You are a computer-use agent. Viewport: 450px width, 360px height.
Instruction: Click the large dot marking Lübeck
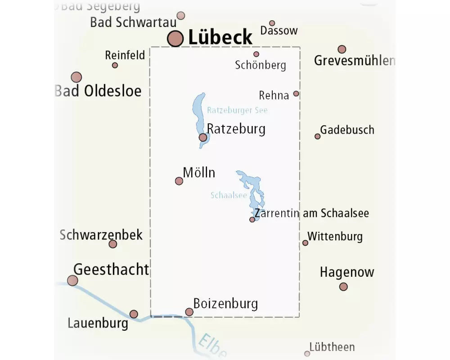point(175,39)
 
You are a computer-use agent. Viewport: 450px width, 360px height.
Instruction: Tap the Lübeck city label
point(220,37)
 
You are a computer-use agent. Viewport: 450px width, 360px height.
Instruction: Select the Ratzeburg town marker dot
point(203,137)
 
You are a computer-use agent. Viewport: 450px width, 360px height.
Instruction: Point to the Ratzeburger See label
point(237,110)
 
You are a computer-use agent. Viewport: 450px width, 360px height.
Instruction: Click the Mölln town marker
point(179,181)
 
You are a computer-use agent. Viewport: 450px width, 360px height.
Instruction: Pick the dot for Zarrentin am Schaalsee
point(252,220)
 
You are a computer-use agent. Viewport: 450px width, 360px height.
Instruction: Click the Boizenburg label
point(225,303)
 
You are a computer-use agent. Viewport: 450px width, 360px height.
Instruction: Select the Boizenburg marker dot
point(189,312)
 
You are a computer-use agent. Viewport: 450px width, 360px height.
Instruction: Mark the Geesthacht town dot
point(72,280)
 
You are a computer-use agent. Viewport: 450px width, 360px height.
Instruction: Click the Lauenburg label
point(98,323)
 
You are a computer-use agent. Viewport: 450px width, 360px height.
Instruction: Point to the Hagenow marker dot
point(343,286)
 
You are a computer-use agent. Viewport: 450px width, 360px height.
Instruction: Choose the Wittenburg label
point(335,236)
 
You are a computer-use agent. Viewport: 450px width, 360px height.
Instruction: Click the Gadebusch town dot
point(318,136)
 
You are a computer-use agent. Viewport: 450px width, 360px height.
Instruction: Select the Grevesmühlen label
point(354,61)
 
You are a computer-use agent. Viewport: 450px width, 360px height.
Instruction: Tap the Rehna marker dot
point(296,94)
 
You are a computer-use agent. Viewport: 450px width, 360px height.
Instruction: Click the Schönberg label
point(261,65)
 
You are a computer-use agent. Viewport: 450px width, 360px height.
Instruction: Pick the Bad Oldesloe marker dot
point(76,77)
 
